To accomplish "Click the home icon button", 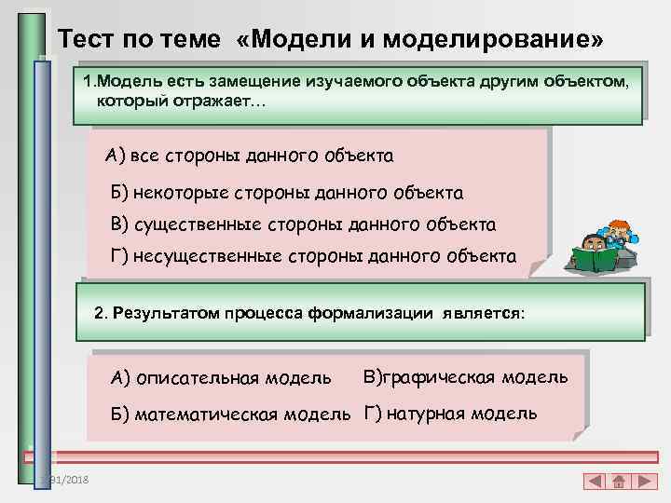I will pyautogui.click(x=618, y=483).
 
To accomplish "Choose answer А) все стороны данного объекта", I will pyautogui.click(x=250, y=155).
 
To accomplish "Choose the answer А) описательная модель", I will pyautogui.click(x=221, y=377).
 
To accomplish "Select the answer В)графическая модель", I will pyautogui.click(x=465, y=376).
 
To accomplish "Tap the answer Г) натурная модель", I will pyautogui.click(x=450, y=414).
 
